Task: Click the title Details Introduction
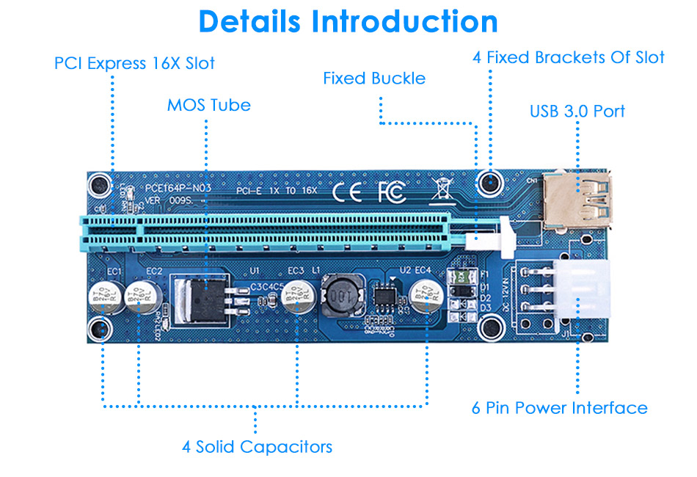348,22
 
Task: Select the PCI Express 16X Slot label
134,63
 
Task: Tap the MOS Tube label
208,105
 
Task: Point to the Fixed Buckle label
374,78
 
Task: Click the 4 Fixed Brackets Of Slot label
569,57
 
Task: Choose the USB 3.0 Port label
577,112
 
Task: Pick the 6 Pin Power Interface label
559,408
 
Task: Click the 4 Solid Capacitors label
257,446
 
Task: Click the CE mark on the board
347,192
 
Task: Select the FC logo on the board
391,192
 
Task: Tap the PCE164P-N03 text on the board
178,187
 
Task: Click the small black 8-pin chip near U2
384,296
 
